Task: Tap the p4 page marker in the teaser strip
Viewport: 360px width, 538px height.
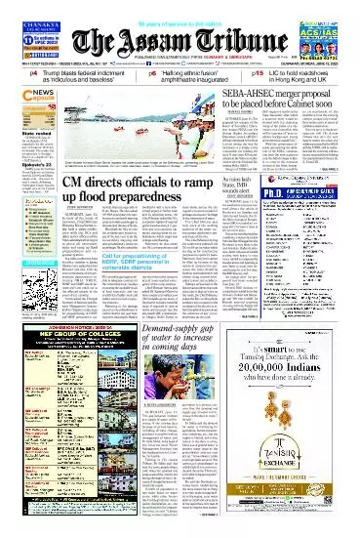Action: pyautogui.click(x=32, y=73)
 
